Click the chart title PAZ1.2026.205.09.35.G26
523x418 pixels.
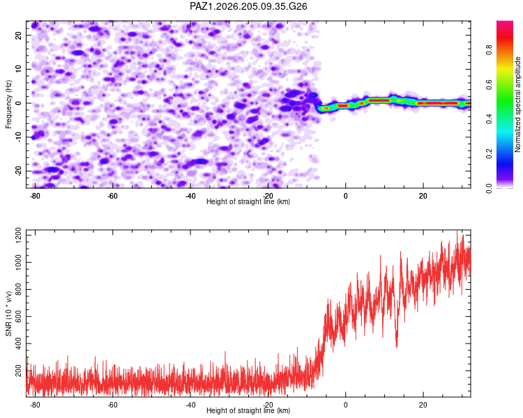click(248, 6)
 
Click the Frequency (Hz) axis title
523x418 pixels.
click(8, 104)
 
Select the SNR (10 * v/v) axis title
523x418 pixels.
click(8, 313)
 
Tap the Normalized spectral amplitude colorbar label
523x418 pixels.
click(517, 104)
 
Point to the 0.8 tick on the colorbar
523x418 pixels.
click(489, 50)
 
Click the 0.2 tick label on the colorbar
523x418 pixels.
click(489, 154)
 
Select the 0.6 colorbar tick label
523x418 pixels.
click(489, 85)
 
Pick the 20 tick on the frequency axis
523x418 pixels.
click(18, 35)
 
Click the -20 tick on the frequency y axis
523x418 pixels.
click(18, 171)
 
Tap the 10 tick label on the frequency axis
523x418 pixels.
click(18, 69)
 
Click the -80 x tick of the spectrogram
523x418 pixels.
click(35, 196)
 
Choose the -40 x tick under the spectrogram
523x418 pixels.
click(190, 196)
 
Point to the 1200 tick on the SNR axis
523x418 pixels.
click(18, 235)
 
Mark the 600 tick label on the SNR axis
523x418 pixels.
click(18, 316)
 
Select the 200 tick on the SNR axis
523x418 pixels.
click(18, 371)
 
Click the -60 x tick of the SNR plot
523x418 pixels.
click(112, 405)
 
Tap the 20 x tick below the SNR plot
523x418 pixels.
click(423, 405)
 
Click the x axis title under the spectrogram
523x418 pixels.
click(248, 201)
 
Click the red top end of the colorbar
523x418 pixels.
click(505, 23)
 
